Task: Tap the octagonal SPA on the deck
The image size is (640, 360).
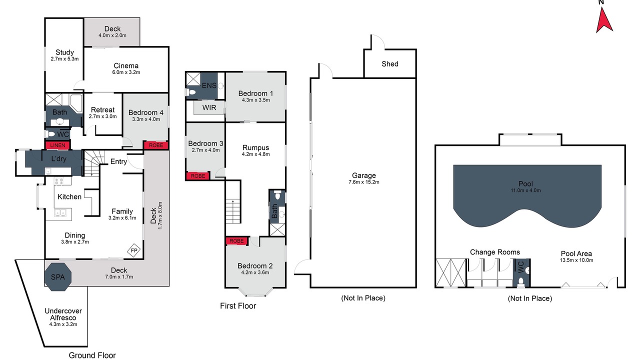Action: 58,277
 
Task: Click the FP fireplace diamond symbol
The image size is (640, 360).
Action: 133,250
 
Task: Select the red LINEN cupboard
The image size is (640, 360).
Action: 57,145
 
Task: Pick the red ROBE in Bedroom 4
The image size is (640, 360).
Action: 156,145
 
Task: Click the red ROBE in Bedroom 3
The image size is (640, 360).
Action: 198,176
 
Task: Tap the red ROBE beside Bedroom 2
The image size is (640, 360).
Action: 236,241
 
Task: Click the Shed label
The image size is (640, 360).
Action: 390,63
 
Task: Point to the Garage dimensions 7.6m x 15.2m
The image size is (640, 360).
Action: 363,182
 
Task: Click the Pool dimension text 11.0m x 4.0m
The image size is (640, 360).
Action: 525,190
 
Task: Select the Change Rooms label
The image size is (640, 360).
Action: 495,252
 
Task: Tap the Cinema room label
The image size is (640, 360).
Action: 126,65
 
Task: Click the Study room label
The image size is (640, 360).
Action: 64,52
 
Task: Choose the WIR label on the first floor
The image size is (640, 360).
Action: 209,107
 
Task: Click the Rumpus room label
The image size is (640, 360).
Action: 255,147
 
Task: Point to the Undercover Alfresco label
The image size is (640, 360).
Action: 63,314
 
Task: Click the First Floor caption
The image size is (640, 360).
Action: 238,305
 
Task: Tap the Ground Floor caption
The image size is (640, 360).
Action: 92,355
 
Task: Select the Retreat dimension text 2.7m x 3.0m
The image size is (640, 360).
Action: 102,116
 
